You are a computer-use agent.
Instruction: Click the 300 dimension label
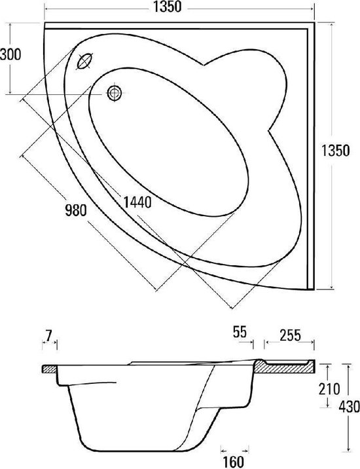[10, 55]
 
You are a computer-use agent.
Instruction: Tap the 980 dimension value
[76, 211]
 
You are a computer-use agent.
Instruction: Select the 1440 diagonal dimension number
[137, 202]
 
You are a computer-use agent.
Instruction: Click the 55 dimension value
[240, 332]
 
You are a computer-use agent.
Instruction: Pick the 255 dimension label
[290, 335]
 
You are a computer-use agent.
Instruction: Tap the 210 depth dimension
[329, 389]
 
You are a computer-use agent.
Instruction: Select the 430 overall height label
[350, 407]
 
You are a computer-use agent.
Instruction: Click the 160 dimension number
[234, 462]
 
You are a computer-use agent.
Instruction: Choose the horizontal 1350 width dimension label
[168, 7]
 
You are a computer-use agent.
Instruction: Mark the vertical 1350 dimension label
[336, 151]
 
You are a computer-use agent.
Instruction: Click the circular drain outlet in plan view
[115, 93]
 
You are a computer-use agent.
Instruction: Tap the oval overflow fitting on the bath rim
[85, 62]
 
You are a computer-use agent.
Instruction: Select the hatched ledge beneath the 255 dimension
[284, 367]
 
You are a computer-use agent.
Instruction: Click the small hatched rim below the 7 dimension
[49, 369]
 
